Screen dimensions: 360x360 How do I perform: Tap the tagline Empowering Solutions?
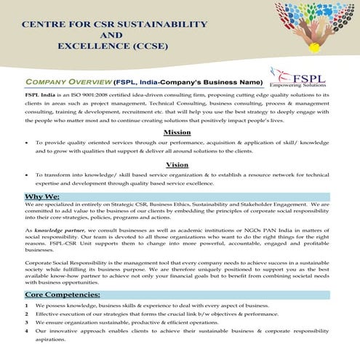point(301,84)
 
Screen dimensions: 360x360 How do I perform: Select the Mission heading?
point(177,132)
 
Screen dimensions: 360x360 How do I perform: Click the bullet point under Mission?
point(27,143)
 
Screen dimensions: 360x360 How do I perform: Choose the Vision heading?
point(177,164)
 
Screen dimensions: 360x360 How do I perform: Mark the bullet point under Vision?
point(27,175)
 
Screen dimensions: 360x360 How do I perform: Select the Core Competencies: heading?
point(63,295)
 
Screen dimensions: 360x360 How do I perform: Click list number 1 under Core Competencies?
point(26,306)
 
